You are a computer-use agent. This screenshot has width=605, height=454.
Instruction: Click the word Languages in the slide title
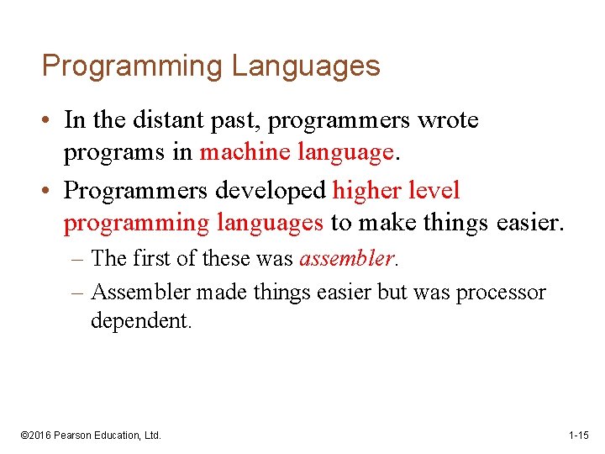pos(306,66)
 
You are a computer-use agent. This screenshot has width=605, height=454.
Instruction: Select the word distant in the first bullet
pos(165,120)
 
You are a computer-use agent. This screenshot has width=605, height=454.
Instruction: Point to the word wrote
pos(447,120)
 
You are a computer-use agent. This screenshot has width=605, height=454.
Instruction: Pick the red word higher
pos(366,190)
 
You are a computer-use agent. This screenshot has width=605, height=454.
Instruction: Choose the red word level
pos(434,190)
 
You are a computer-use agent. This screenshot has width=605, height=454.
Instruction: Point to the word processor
pos(501,292)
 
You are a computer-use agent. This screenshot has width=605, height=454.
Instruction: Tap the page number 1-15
pos(579,435)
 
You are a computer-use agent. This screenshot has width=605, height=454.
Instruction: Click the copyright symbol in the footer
pos(24,435)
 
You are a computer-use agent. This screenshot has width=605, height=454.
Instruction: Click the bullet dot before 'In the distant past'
pos(48,121)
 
